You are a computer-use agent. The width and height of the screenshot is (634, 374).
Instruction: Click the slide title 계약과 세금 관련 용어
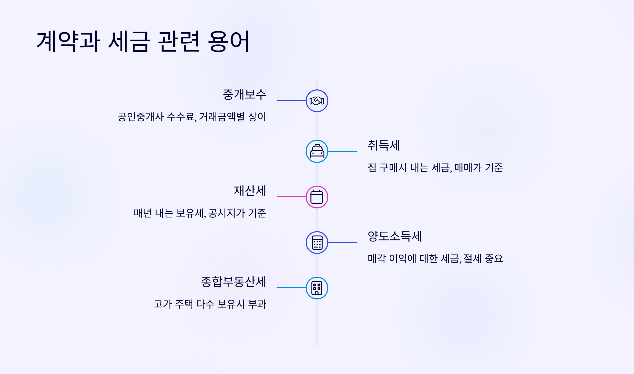coord(143,42)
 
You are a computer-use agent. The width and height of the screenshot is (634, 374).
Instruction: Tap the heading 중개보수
coord(244,95)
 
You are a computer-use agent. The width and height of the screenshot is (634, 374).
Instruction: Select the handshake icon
coord(317,101)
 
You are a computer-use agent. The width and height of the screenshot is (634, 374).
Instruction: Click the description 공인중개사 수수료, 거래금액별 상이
coord(192,117)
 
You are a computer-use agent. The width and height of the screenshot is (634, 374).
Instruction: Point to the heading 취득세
coord(384,145)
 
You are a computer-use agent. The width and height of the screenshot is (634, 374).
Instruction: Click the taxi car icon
coord(317,151)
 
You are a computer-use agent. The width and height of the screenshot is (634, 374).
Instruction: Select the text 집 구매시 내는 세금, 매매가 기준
coord(435,168)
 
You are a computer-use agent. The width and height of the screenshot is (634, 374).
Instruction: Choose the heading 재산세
coord(250,191)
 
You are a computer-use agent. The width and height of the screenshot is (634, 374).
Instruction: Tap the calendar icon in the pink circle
coord(317,197)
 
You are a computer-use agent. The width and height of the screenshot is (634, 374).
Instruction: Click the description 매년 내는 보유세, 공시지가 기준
coord(200,213)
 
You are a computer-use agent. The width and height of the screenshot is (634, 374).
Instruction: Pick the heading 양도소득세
coord(395,236)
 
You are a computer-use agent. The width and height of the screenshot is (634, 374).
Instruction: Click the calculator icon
coord(317,243)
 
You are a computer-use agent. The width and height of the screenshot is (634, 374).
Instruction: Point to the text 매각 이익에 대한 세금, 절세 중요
coord(435,259)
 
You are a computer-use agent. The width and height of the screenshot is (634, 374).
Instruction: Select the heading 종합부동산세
coord(234,282)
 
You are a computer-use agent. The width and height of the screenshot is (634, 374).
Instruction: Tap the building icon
coord(317,288)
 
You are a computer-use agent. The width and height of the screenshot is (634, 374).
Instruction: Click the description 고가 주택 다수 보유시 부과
coord(210,304)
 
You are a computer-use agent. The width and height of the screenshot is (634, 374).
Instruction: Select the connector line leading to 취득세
coord(343,151)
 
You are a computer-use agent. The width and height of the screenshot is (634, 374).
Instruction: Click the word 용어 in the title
coord(229,42)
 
